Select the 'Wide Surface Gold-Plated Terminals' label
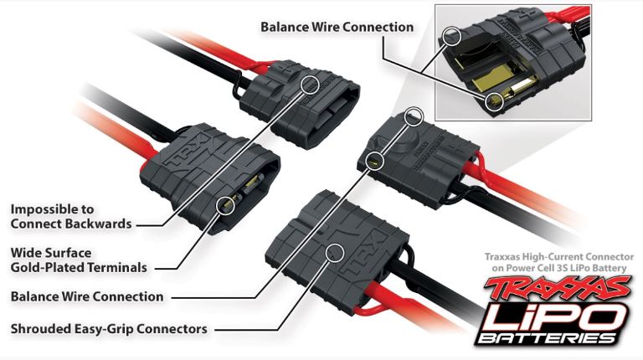[x=80, y=260]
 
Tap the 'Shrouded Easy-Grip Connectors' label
[x=109, y=328]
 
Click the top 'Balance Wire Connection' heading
[x=337, y=27]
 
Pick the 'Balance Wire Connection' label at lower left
[x=87, y=296]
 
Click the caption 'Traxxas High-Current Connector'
[x=556, y=256]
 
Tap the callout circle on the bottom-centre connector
[x=337, y=249]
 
